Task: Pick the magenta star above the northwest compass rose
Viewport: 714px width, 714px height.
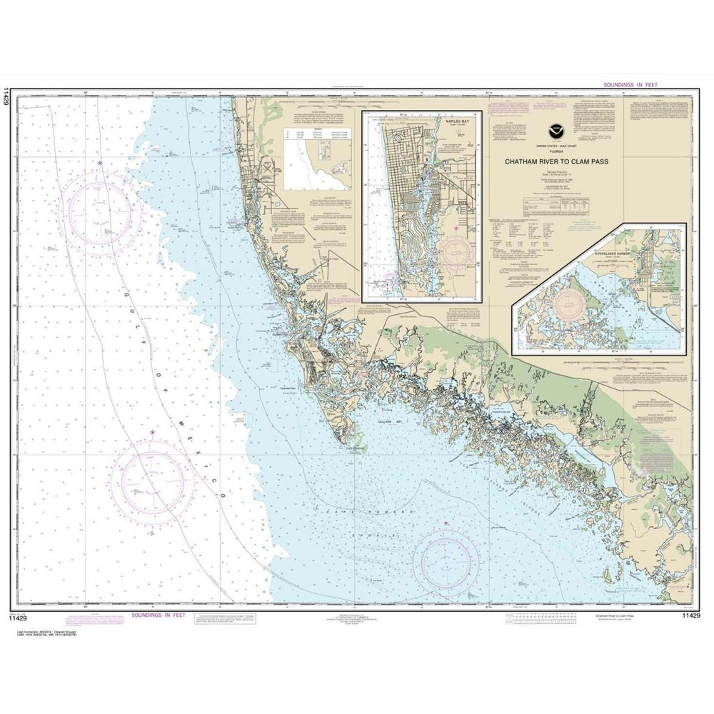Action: [x=99, y=164]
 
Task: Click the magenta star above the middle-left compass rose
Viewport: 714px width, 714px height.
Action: [x=151, y=432]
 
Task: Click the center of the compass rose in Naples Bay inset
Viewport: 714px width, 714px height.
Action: [x=457, y=251]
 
